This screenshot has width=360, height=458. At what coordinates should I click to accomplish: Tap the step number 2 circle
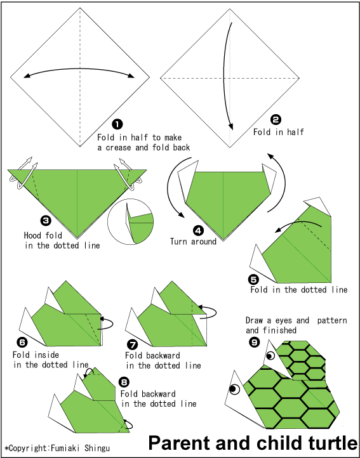(276, 119)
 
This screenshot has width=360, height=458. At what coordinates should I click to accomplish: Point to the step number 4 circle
(199, 230)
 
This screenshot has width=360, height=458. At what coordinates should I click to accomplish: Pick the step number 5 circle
(253, 278)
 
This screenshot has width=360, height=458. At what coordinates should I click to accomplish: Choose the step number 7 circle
(132, 344)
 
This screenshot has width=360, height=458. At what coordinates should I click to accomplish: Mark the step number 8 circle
(124, 382)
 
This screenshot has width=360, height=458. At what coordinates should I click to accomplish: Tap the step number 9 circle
(254, 342)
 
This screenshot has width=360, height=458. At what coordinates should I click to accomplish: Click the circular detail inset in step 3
(131, 221)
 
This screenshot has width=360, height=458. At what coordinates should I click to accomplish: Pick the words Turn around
(193, 241)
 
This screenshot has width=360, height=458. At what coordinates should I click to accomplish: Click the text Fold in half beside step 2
(279, 132)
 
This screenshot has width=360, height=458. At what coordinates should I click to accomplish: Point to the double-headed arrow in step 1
(80, 73)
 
